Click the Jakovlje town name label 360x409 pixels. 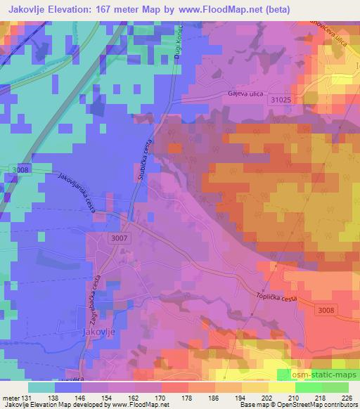pyautogui.click(x=98, y=330)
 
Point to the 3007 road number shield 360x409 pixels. pyautogui.click(x=120, y=240)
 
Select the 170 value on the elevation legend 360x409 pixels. pyautogui.click(x=161, y=397)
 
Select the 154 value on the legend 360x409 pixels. pyautogui.click(x=108, y=397)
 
